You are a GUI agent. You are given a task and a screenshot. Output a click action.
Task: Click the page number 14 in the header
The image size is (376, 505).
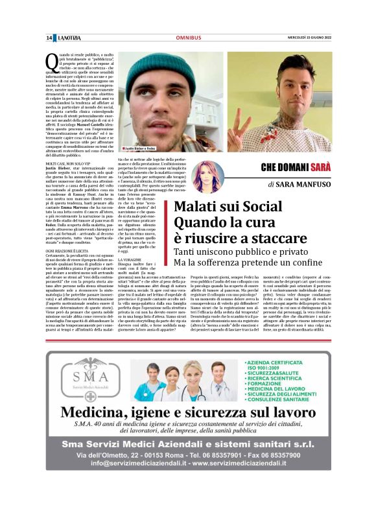tap(49, 38)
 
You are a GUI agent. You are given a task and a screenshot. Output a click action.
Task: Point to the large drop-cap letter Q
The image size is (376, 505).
tap(51, 64)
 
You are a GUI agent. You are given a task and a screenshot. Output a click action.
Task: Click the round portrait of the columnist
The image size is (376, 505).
tap(208, 176)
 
